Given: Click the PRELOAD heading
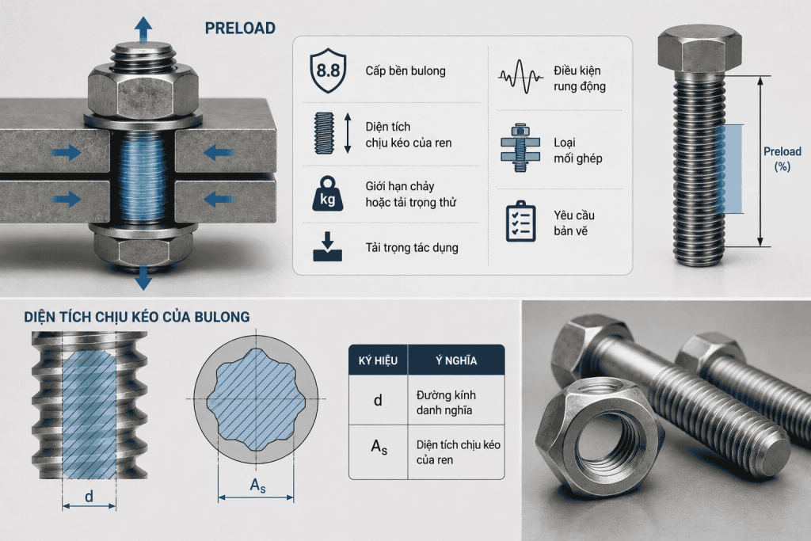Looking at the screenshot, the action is click(240, 28).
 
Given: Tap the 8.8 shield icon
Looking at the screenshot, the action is click(328, 70).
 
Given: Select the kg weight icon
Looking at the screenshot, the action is click(327, 194).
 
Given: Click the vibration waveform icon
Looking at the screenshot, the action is click(520, 77).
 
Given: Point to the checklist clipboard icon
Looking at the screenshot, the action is click(520, 222).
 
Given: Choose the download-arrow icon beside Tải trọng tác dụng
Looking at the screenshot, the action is click(327, 246).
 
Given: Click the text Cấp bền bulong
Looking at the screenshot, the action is click(405, 70).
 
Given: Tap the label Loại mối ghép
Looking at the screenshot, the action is click(577, 150).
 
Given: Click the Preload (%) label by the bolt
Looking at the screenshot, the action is click(782, 158).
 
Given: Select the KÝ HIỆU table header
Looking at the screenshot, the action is click(378, 360).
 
